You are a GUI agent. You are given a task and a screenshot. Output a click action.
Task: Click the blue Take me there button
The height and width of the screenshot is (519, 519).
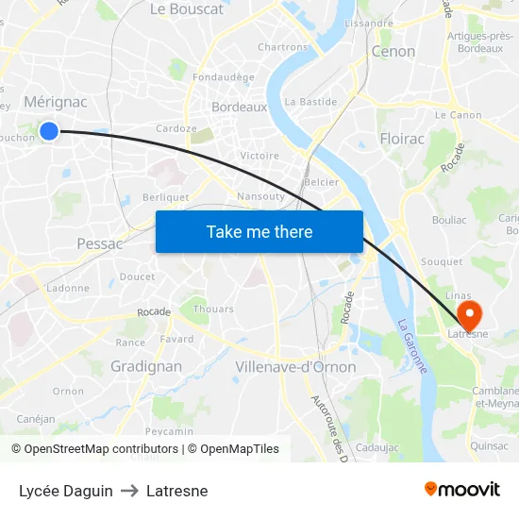[x=259, y=231]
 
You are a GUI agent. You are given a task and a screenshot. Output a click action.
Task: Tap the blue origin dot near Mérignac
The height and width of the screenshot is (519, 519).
[x=49, y=131]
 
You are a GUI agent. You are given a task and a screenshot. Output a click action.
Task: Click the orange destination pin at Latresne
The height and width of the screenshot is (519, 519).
[x=466, y=313]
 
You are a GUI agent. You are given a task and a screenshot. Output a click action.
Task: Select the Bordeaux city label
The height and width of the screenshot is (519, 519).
[x=239, y=108]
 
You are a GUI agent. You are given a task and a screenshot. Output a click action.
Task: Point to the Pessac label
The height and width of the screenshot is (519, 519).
[x=99, y=243]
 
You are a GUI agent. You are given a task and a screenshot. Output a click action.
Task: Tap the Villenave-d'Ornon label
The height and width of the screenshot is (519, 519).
[x=295, y=367]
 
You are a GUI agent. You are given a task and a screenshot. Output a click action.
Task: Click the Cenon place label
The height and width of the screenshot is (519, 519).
[x=393, y=52]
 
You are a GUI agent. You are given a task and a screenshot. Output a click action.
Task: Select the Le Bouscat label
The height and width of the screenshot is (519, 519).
[x=187, y=9]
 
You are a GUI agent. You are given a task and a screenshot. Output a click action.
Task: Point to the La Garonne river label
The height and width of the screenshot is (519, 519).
[x=411, y=345]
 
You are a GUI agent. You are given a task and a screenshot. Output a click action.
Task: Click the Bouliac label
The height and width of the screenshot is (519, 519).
[x=448, y=219]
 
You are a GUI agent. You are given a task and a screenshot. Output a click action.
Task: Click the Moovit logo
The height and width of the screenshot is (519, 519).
[x=461, y=490]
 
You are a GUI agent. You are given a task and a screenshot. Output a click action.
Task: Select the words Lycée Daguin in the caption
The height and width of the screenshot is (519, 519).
[x=65, y=491]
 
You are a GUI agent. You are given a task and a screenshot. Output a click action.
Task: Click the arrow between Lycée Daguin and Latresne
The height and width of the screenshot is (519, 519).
[x=129, y=491]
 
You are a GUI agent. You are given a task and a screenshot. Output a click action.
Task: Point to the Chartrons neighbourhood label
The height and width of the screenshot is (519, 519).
[x=282, y=46]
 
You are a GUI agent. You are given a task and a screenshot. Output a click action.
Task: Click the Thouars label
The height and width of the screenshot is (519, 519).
[x=213, y=309]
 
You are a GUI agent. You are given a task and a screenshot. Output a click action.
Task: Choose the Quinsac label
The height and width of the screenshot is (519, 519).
[x=488, y=445]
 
